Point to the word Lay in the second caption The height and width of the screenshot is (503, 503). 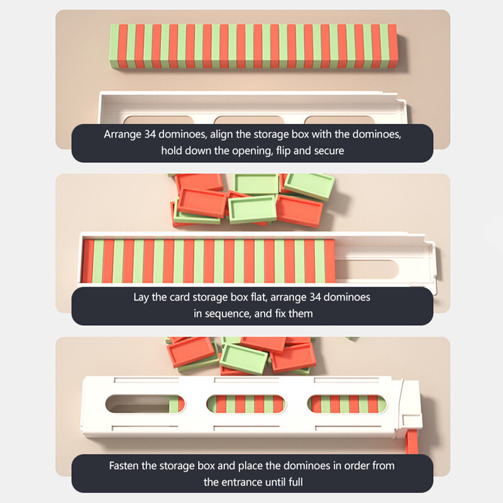(x=141, y=297)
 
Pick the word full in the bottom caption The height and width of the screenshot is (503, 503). (x=295, y=482)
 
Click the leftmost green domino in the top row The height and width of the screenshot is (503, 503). (x=114, y=47)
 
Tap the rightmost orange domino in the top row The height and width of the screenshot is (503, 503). (x=392, y=46)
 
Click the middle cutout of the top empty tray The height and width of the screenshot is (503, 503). (x=249, y=120)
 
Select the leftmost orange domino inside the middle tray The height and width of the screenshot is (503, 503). (x=87, y=261)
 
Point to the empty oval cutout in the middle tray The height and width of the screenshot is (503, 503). (x=367, y=270)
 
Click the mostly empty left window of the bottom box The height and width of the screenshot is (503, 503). (x=145, y=404)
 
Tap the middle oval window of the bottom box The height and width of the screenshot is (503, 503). (x=246, y=404)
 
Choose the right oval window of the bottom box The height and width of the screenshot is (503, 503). (x=347, y=404)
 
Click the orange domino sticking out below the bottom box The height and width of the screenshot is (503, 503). (x=412, y=442)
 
